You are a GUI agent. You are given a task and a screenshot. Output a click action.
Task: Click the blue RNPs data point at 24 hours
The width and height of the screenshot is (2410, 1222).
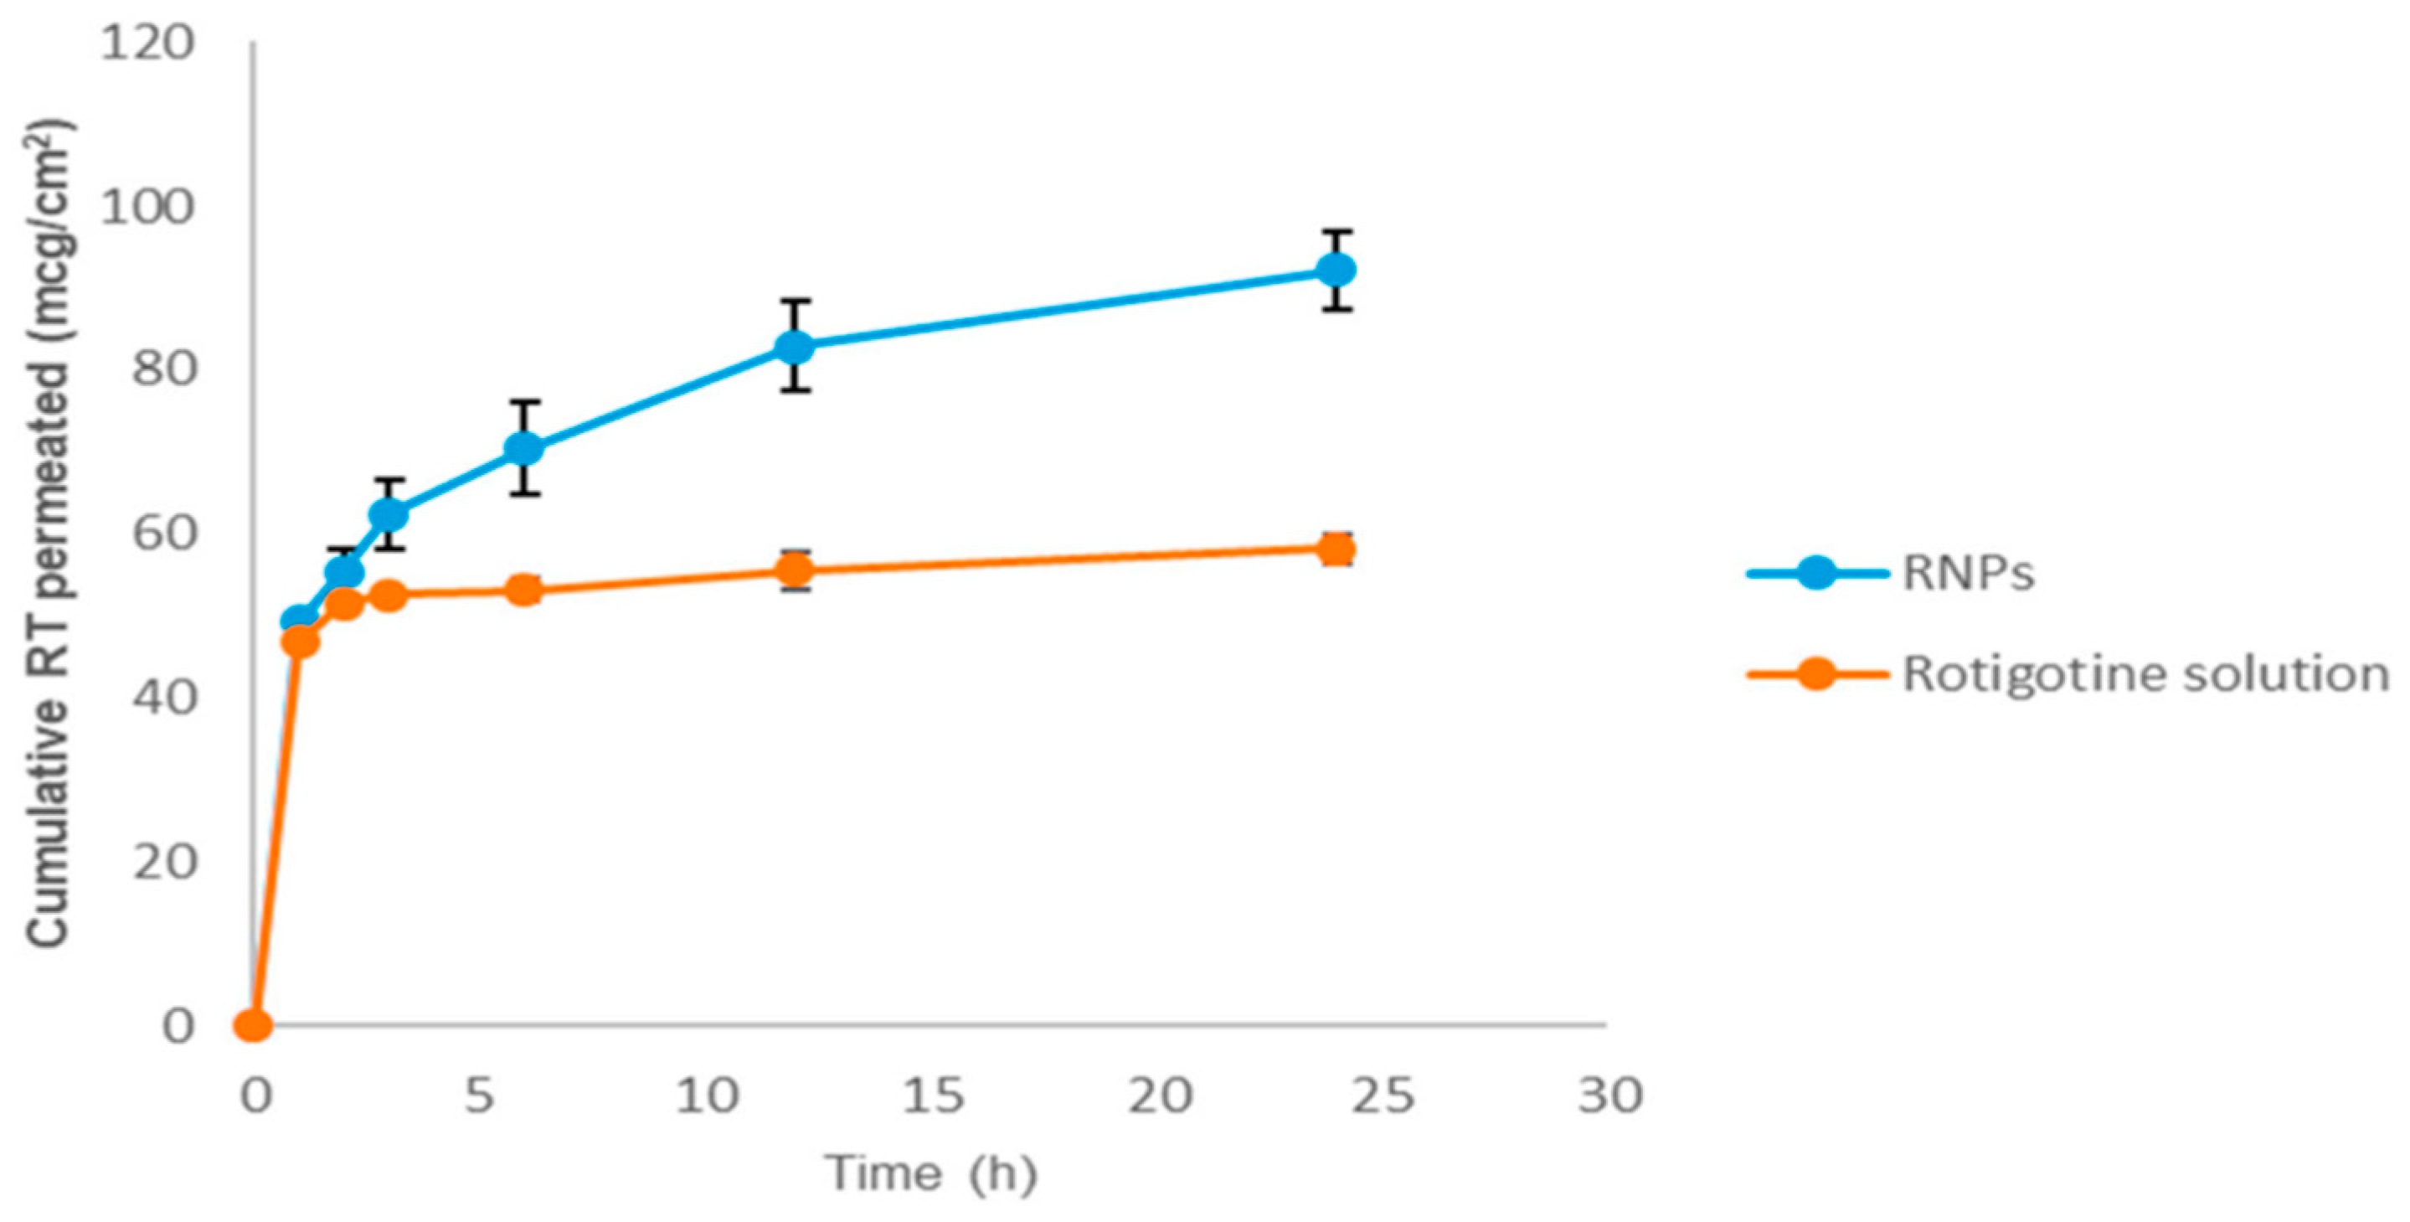[1335, 271]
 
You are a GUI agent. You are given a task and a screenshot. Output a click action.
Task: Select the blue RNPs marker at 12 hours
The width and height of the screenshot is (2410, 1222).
[795, 347]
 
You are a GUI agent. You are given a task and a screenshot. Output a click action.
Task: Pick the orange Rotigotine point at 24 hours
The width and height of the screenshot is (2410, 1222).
[1335, 549]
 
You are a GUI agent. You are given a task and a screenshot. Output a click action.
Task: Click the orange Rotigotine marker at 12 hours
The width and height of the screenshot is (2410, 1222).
[795, 570]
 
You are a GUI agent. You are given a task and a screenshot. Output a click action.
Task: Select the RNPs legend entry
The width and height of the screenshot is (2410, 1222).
[1969, 573]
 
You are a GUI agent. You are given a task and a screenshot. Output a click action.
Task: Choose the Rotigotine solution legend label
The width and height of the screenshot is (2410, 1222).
[2145, 673]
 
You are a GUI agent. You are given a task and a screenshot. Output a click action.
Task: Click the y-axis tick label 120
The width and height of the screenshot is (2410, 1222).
[148, 44]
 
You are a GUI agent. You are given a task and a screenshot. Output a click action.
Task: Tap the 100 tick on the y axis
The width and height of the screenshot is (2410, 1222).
[148, 207]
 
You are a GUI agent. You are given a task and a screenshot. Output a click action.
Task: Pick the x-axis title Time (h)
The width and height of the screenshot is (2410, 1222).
[932, 1173]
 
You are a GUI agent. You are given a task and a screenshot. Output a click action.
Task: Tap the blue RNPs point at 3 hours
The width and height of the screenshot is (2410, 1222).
[389, 513]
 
